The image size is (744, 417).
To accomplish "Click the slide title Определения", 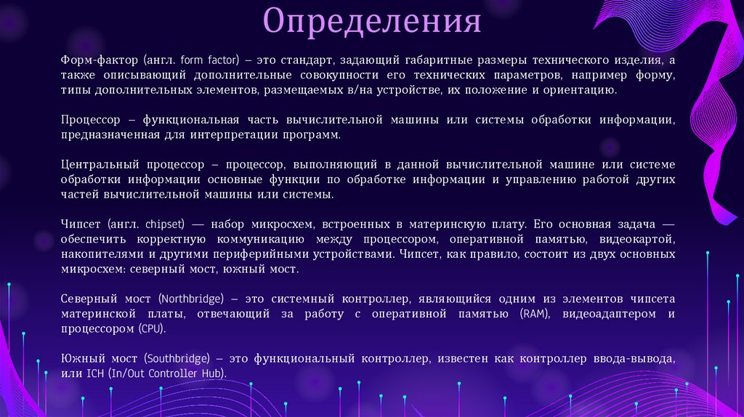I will (x=372, y=21).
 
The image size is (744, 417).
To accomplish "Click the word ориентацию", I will (x=581, y=90).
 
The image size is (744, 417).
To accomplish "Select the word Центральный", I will (x=94, y=165).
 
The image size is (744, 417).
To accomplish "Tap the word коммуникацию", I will (x=265, y=240).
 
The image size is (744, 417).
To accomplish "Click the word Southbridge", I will (x=177, y=359).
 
